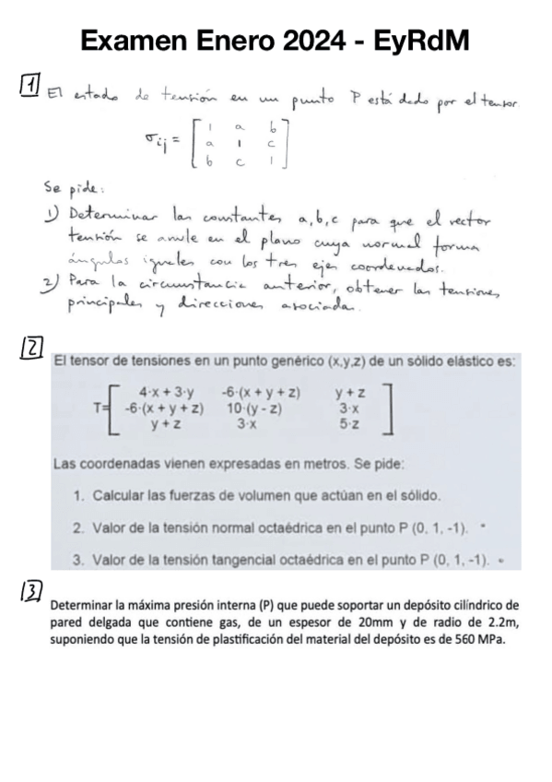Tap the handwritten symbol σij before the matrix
159,139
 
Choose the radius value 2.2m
499,625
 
